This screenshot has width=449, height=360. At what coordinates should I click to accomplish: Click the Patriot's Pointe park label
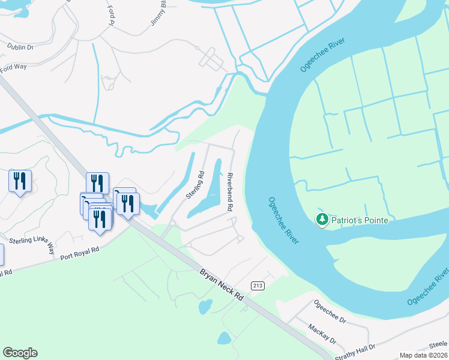[x=360, y=220]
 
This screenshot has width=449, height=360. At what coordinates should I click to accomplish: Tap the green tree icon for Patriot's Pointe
[x=322, y=220]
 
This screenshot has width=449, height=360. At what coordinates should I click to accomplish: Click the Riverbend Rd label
[x=230, y=191]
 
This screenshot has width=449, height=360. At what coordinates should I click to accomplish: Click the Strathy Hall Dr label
[x=354, y=348]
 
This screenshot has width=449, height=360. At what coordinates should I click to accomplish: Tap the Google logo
[x=20, y=353]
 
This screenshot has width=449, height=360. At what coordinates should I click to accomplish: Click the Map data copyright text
[x=423, y=355]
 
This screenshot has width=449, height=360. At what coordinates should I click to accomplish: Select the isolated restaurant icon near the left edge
[x=20, y=181]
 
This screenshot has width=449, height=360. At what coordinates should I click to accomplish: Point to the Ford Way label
[x=13, y=67]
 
